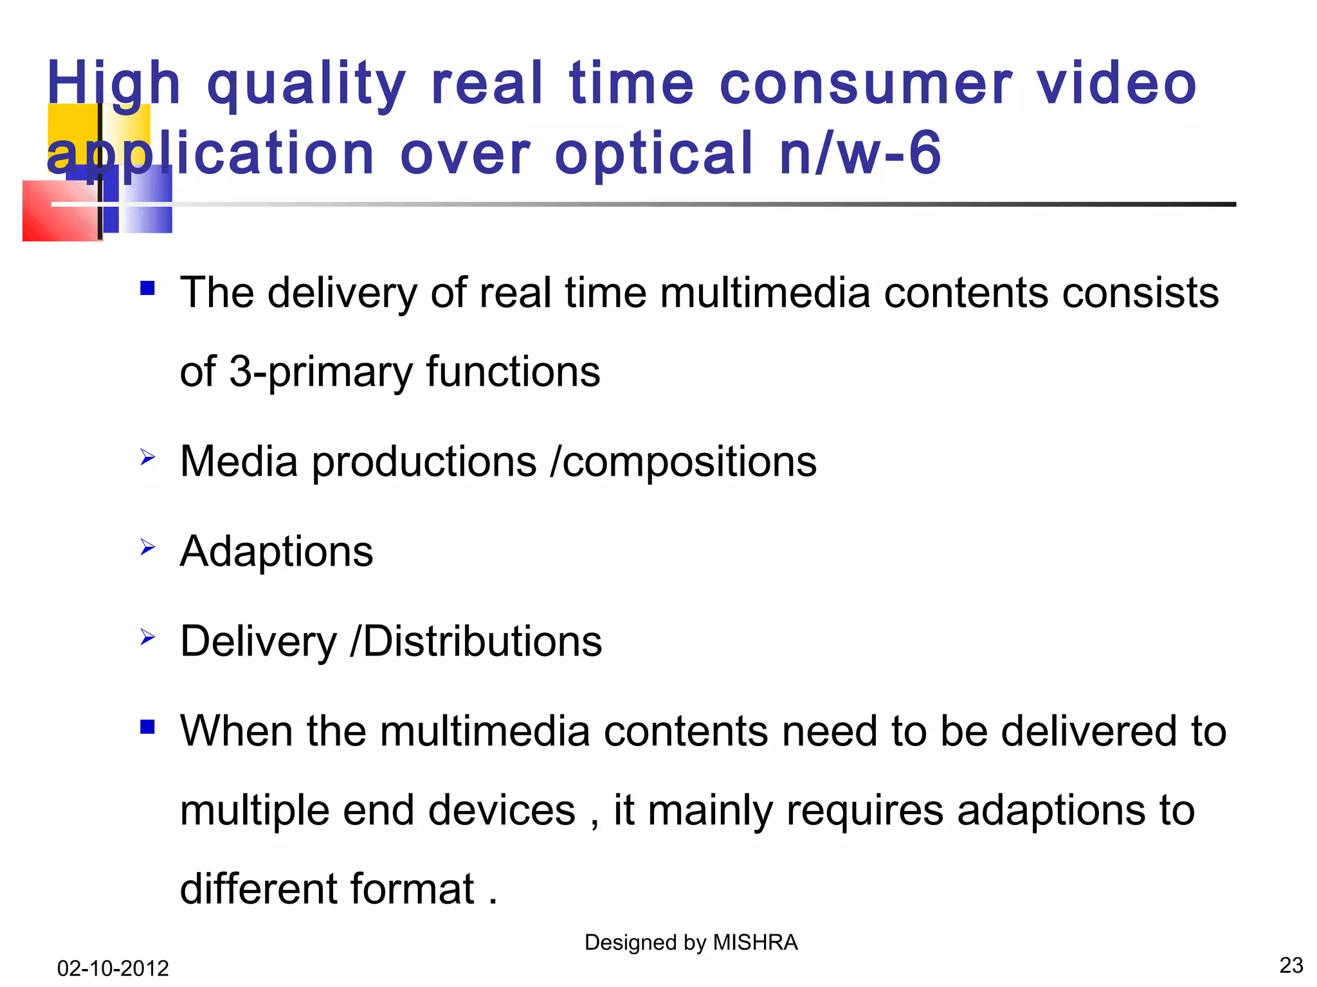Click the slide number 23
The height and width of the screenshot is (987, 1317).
point(1291,965)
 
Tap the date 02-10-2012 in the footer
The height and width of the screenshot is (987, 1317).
point(113,968)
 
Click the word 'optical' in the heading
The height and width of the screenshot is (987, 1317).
point(653,154)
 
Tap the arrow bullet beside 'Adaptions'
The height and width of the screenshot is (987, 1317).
point(147,547)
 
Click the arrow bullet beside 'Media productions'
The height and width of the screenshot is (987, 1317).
point(147,458)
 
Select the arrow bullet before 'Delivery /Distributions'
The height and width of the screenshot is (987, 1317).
point(147,637)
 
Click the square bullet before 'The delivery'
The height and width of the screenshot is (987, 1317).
point(147,288)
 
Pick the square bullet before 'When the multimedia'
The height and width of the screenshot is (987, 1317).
point(147,727)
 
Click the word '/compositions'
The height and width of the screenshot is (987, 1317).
point(683,463)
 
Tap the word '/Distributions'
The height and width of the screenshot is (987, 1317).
point(476,641)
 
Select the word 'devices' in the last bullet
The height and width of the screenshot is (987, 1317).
point(502,810)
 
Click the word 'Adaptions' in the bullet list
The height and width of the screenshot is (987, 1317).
point(277,553)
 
